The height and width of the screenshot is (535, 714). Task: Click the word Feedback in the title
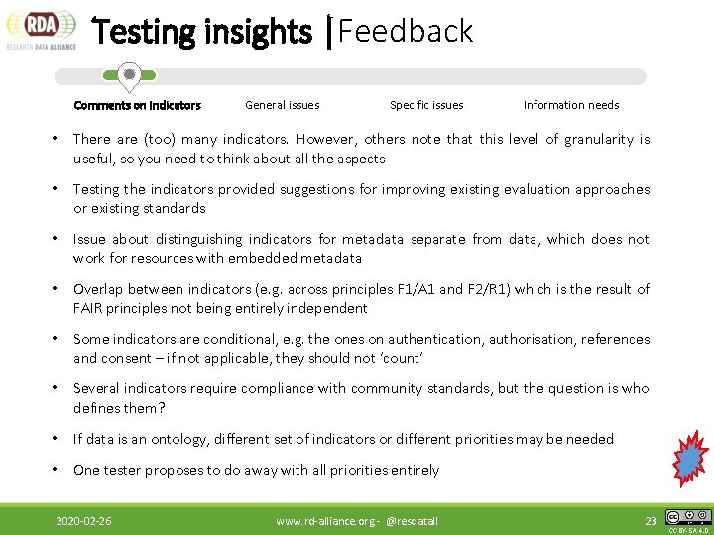[x=406, y=32]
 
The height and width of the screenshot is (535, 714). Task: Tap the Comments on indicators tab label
[x=137, y=105]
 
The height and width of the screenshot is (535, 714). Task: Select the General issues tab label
[x=283, y=105]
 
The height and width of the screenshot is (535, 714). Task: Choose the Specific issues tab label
[x=426, y=105]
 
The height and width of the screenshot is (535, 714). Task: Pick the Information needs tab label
[x=571, y=105]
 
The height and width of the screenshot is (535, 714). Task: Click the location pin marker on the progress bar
[x=128, y=75]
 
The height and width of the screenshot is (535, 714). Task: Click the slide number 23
[x=651, y=520]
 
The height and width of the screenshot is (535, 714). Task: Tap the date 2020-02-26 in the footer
[x=83, y=520]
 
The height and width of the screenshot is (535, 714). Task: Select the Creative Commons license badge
[x=688, y=517]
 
